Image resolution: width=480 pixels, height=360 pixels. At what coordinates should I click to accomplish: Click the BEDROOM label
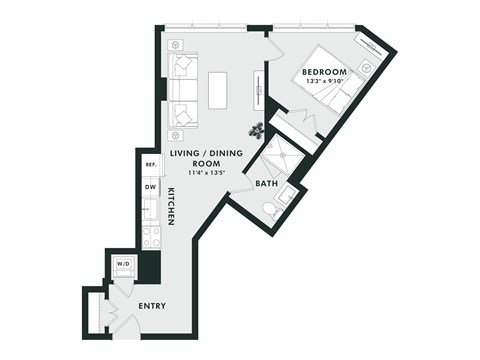(x=324, y=72)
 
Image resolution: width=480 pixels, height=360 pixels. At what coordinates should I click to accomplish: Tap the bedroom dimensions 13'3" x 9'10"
(x=324, y=82)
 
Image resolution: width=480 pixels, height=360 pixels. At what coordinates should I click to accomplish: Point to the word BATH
(x=266, y=184)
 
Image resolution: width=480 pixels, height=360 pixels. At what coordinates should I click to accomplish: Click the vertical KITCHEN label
(x=171, y=204)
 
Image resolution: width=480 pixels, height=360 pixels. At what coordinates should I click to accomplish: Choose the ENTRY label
(x=152, y=306)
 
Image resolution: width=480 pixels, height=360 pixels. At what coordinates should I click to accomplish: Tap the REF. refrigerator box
(x=151, y=165)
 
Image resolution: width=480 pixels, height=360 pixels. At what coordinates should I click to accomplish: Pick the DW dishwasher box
(x=150, y=186)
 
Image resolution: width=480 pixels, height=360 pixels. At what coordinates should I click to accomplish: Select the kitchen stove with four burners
(x=151, y=238)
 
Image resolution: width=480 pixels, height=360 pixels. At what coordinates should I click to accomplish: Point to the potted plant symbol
(x=257, y=128)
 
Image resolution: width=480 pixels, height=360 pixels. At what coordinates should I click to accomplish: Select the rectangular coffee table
(x=218, y=90)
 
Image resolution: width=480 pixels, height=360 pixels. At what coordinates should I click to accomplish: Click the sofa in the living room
(x=183, y=90)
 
